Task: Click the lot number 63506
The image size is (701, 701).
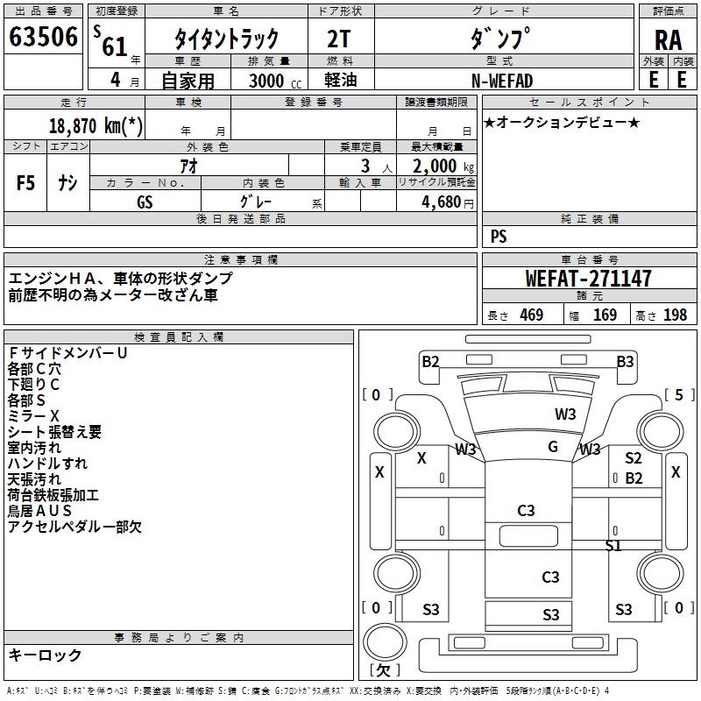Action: click(x=43, y=37)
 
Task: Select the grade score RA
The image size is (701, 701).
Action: click(x=669, y=40)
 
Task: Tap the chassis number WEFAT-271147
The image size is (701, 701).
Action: click(x=588, y=279)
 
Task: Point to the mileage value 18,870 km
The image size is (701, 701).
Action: click(x=96, y=125)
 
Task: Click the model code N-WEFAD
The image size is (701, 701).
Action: click(x=502, y=81)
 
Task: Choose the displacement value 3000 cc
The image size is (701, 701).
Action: click(x=275, y=81)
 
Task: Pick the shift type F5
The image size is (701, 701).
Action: click(x=25, y=183)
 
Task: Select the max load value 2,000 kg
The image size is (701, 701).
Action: click(x=443, y=166)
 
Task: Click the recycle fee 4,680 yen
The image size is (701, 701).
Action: click(x=448, y=202)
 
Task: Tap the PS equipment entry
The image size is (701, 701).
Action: click(x=499, y=236)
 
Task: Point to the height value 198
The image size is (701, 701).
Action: click(x=675, y=315)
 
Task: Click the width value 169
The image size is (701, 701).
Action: click(x=605, y=315)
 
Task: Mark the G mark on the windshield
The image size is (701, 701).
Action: click(x=553, y=446)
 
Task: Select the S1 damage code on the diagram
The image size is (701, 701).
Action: click(x=612, y=545)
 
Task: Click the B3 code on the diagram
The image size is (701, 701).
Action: click(x=625, y=361)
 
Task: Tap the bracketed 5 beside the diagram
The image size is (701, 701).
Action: click(x=679, y=395)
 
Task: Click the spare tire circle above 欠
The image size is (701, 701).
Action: click(x=385, y=641)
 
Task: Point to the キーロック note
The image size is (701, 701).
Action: click(x=46, y=655)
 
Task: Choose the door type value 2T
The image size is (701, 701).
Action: click(x=339, y=39)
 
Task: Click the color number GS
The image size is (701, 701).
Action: click(x=145, y=202)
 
